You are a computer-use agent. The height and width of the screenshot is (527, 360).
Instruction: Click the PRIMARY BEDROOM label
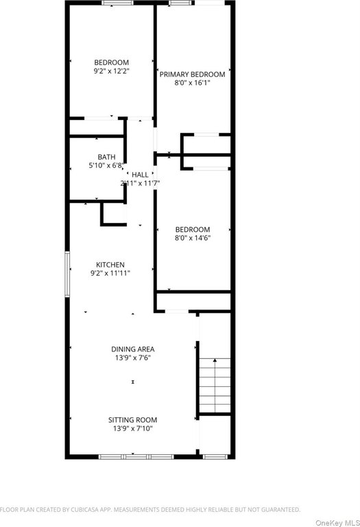192,74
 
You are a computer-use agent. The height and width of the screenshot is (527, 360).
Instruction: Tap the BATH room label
106,157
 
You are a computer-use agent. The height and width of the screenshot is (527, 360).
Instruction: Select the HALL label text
140,175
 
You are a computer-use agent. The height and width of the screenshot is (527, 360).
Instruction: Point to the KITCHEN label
110,265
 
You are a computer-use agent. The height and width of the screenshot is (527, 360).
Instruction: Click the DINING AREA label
132,349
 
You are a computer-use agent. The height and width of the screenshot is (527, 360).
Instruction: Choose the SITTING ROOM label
132,420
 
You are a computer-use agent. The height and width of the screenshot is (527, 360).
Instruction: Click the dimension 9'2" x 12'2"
112,71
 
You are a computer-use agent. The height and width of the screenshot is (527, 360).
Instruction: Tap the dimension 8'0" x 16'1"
192,82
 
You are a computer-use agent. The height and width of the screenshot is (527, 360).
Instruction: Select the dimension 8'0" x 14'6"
193,238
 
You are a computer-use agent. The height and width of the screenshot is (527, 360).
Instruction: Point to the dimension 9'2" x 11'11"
110,273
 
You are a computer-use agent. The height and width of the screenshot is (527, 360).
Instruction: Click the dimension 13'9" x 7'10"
132,428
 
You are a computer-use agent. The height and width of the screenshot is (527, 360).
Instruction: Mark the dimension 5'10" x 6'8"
106,165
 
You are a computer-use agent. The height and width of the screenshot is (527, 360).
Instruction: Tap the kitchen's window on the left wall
67,274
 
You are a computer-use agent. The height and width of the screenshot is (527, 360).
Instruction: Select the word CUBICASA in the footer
85,510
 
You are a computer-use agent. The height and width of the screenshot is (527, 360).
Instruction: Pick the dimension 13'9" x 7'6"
132,358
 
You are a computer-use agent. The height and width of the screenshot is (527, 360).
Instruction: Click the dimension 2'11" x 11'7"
140,183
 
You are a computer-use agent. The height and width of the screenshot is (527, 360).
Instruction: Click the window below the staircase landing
215,456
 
